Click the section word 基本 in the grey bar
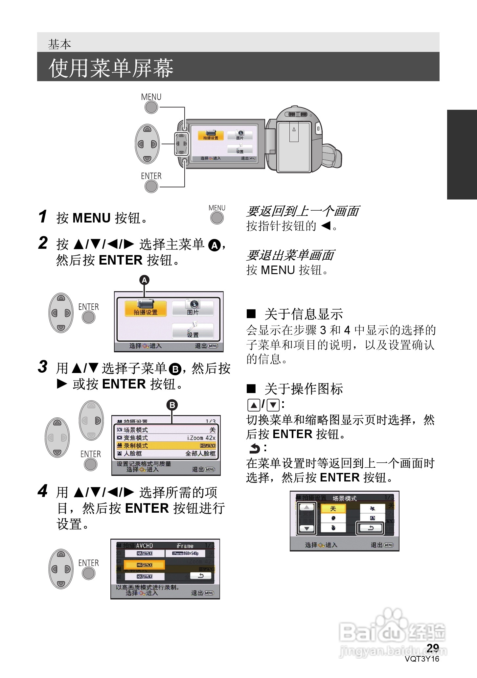point(59,44)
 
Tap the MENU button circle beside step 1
point(217,218)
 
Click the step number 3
point(43,367)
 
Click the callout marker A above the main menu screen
point(144,280)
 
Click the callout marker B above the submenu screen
point(172,405)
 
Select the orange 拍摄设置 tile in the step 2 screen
point(146,309)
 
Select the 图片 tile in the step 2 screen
point(193,309)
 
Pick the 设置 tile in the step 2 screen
point(193,331)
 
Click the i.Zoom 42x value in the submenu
point(201,438)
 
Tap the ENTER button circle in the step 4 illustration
point(88,573)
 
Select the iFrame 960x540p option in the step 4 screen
point(185,553)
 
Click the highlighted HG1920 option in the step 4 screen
point(144,565)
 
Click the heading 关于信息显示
point(303,314)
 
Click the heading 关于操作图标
point(303,389)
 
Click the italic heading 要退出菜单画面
point(290,255)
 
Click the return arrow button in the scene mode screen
point(370,528)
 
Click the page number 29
point(433,648)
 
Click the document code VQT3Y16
point(422,659)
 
